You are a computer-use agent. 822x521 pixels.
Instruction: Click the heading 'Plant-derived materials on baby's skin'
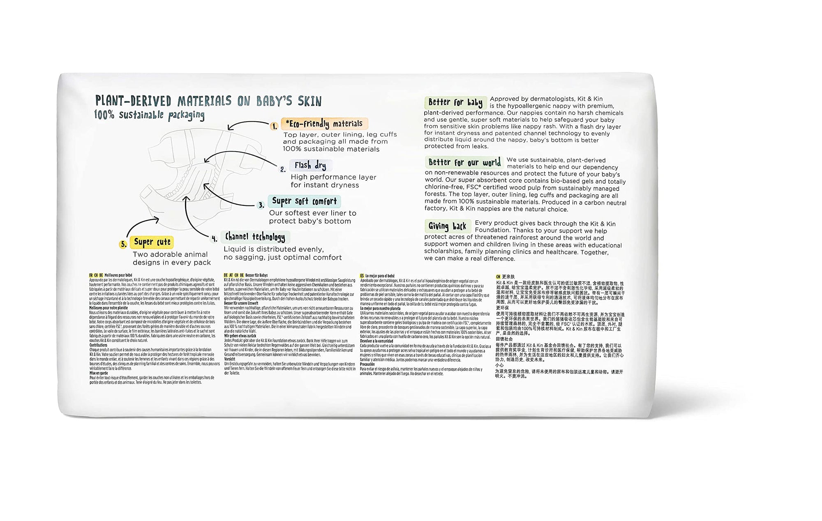coord(208,101)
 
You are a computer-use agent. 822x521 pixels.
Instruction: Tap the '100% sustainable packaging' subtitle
coord(149,115)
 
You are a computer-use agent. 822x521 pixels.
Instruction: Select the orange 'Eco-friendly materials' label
coord(324,124)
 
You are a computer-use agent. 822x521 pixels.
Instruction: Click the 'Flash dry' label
coord(310,166)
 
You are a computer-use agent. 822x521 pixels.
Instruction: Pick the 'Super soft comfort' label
coord(304,201)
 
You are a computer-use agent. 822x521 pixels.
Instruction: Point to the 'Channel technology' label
coord(255,237)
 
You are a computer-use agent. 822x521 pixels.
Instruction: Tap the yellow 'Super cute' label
coord(152,242)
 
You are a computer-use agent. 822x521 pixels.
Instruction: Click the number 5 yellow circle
coord(123,244)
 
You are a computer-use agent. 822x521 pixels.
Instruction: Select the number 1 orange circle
coord(275,127)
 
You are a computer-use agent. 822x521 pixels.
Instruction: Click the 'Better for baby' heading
coord(455,102)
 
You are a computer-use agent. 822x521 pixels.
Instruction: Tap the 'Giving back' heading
coord(447,226)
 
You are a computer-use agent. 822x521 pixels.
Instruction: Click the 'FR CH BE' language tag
coord(96,275)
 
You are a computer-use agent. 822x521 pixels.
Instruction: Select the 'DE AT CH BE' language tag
coord(233,275)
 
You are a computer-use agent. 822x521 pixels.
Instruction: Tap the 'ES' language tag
coord(362,276)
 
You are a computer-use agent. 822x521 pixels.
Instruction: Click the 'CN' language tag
coord(498,277)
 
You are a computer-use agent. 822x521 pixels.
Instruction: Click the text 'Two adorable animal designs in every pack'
coord(171,258)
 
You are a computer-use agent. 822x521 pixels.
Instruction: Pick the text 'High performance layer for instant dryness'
coord(333,181)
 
